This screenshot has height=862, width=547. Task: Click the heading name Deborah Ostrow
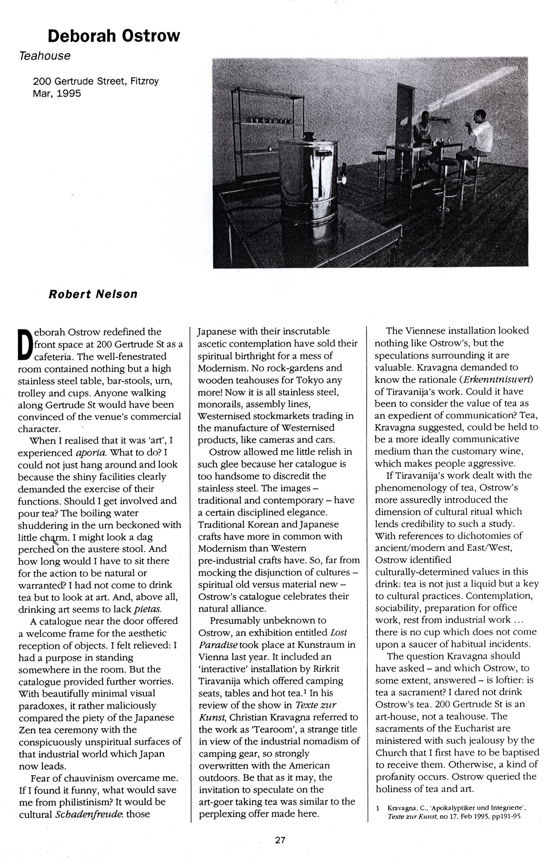click(x=114, y=36)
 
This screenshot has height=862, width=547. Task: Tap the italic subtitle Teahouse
click(x=45, y=56)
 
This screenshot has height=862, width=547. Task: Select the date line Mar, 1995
click(x=57, y=93)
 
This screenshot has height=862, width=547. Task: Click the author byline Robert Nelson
click(x=93, y=294)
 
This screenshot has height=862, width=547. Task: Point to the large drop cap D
click(x=25, y=344)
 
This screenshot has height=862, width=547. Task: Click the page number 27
click(x=280, y=840)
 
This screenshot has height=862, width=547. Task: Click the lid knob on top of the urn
click(x=308, y=136)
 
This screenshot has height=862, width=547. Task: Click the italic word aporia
click(x=91, y=453)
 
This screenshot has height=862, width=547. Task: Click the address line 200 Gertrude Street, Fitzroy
click(x=96, y=81)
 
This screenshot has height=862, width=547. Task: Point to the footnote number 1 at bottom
click(x=378, y=808)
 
